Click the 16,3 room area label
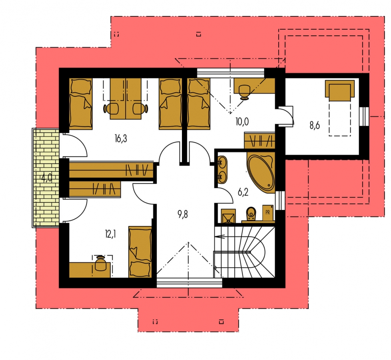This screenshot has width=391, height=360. [121, 138]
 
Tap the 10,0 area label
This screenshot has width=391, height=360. [242, 122]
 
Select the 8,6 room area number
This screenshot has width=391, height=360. [315, 126]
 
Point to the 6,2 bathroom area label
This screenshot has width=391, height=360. [243, 192]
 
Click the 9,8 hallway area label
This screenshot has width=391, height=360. [183, 214]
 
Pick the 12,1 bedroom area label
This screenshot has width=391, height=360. [110, 234]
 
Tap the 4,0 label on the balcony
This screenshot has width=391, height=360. [47, 178]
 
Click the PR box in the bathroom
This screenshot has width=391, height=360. [267, 213]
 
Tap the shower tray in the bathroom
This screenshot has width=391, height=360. [228, 216]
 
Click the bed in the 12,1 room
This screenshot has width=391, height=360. [140, 252]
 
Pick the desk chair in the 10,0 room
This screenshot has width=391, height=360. [244, 92]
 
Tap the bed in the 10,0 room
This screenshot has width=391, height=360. [198, 104]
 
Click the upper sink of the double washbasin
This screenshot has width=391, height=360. [222, 163]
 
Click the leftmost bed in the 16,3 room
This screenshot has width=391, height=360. [80, 104]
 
